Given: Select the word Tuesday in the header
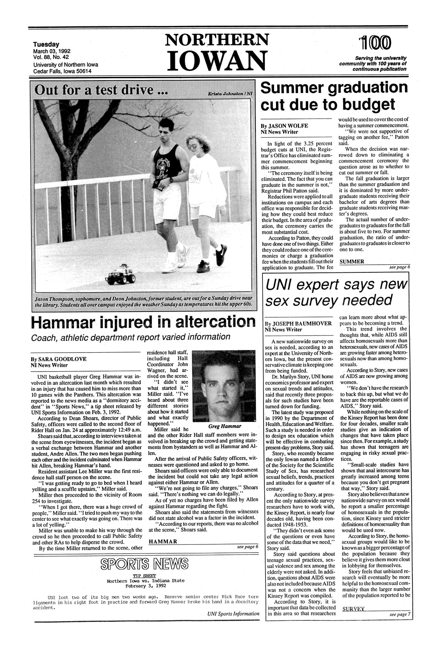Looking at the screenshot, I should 46,45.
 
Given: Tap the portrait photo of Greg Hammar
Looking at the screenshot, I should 224,386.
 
